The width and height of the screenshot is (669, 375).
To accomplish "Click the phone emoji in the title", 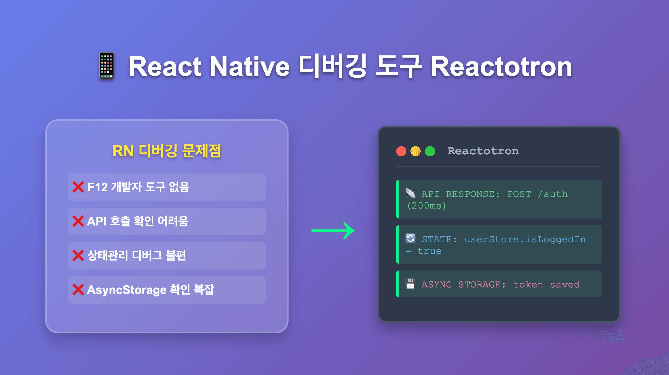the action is [107, 66].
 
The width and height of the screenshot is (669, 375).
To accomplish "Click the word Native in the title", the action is [250, 67].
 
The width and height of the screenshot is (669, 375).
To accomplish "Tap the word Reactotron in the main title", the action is [501, 67].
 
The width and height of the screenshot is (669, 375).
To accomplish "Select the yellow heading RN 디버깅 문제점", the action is [167, 151].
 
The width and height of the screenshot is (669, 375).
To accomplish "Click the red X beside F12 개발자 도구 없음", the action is [78, 187].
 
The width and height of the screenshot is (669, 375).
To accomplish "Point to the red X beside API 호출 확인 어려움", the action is [78, 221].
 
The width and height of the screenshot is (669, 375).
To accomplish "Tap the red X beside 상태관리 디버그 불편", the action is [78, 255].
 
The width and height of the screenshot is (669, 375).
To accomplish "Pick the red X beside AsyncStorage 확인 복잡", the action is [78, 290].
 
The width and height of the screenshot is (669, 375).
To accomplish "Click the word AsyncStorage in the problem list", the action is [127, 290].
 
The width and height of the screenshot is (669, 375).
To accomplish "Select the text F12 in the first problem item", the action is [98, 187].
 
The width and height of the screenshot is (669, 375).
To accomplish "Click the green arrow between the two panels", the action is [333, 230].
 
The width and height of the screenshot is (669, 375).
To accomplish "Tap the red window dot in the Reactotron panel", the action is [401, 151].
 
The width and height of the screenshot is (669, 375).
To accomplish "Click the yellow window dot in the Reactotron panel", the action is [416, 151].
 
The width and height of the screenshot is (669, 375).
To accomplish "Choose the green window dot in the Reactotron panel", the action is [430, 151].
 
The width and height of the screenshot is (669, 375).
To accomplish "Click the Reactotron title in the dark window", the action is [483, 151].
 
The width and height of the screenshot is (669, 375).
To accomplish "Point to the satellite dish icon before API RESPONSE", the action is [410, 193].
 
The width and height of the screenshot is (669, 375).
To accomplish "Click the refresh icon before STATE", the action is [410, 238].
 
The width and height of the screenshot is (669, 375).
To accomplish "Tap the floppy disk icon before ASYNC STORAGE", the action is [410, 284].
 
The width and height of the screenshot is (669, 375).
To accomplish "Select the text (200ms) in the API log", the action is [426, 206].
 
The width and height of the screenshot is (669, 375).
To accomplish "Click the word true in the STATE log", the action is [430, 251].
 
